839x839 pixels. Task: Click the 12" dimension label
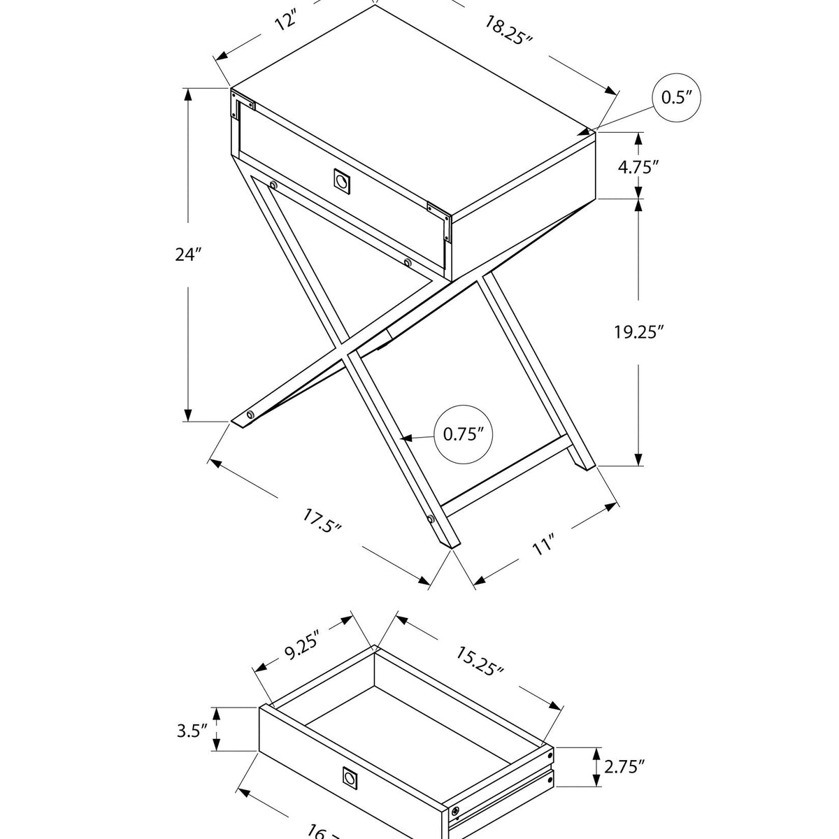pos(286,21)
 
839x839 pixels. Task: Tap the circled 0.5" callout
pos(675,97)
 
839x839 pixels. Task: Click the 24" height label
pos(188,254)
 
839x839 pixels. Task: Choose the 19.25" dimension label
pos(638,332)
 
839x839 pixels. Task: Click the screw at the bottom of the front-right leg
pos(430,520)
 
